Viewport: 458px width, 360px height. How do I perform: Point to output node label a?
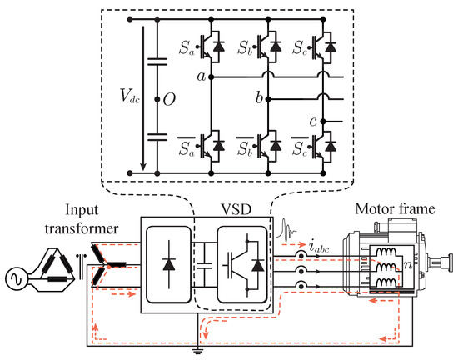tap(201, 77)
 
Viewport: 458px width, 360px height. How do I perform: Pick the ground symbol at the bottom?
tap(197, 348)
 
